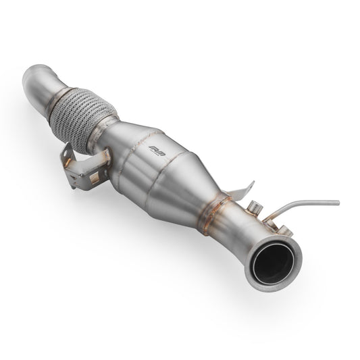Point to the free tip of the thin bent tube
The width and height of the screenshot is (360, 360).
pyautogui.click(x=337, y=201)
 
